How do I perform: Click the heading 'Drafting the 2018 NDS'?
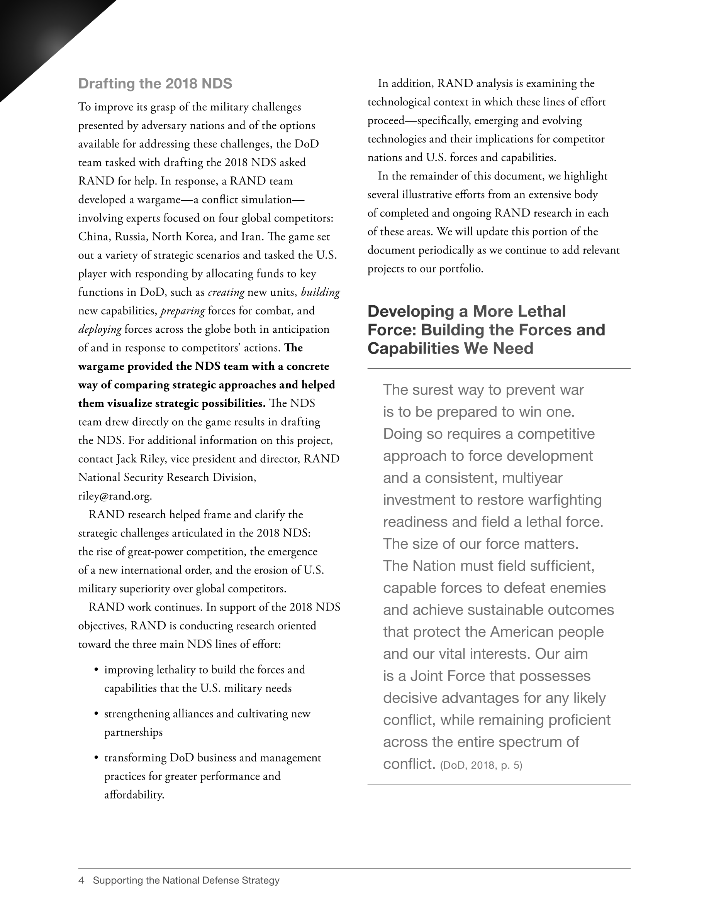pyautogui.click(x=155, y=83)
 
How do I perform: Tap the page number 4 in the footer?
pyautogui.click(x=81, y=880)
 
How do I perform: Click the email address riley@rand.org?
pyautogui.click(x=115, y=496)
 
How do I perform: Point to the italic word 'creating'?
pyautogui.click(x=226, y=292)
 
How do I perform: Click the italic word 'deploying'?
pyautogui.click(x=100, y=329)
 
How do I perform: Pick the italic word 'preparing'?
pyautogui.click(x=183, y=311)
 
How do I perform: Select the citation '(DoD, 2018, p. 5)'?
pyautogui.click(x=481, y=765)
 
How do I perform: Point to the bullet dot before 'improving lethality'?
pyautogui.click(x=96, y=670)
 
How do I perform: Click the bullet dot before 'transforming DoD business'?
pyautogui.click(x=96, y=758)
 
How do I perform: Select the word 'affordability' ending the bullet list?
pyautogui.click(x=133, y=795)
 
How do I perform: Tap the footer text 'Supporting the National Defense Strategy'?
pyautogui.click(x=186, y=880)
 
